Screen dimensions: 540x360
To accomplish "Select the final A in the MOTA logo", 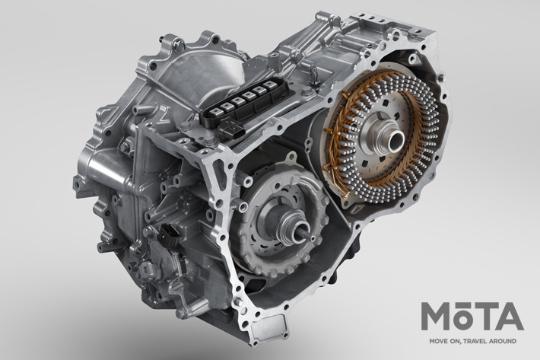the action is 510,317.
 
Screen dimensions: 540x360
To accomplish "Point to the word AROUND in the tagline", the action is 503,342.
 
